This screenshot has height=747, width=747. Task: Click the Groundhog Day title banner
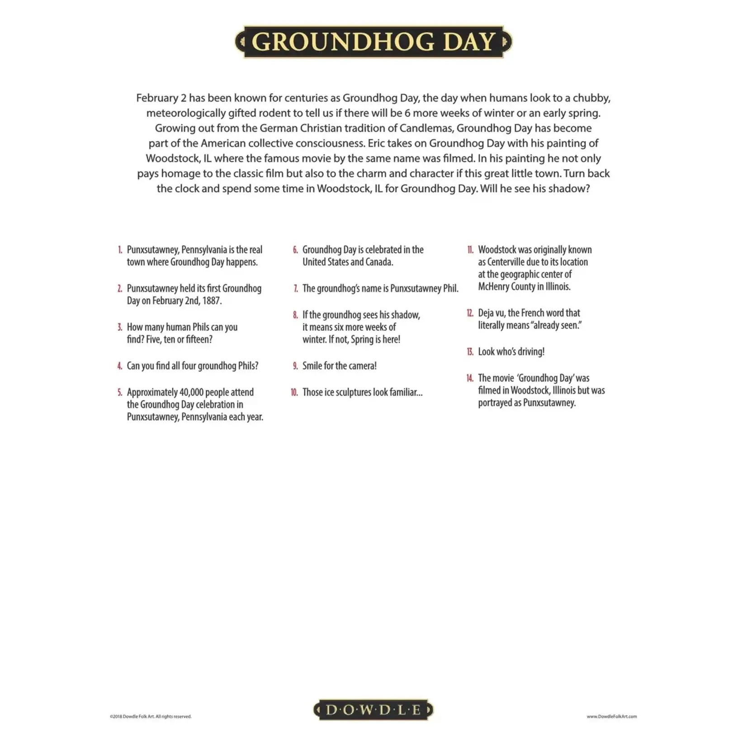(373, 42)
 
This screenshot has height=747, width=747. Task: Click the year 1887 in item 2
(211, 301)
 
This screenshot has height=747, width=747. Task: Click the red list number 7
(296, 288)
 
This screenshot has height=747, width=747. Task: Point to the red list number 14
(470, 378)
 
